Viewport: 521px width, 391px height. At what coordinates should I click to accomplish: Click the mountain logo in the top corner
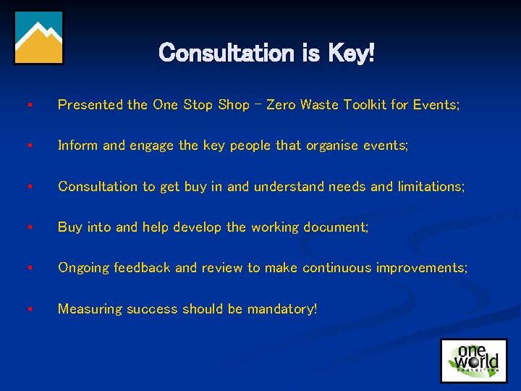(38, 38)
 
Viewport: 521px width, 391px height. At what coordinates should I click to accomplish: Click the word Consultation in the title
(223, 53)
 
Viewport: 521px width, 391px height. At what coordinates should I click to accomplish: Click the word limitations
(431, 186)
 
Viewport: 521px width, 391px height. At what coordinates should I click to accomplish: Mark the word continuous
(337, 268)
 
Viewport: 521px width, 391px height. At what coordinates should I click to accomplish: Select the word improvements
(421, 268)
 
